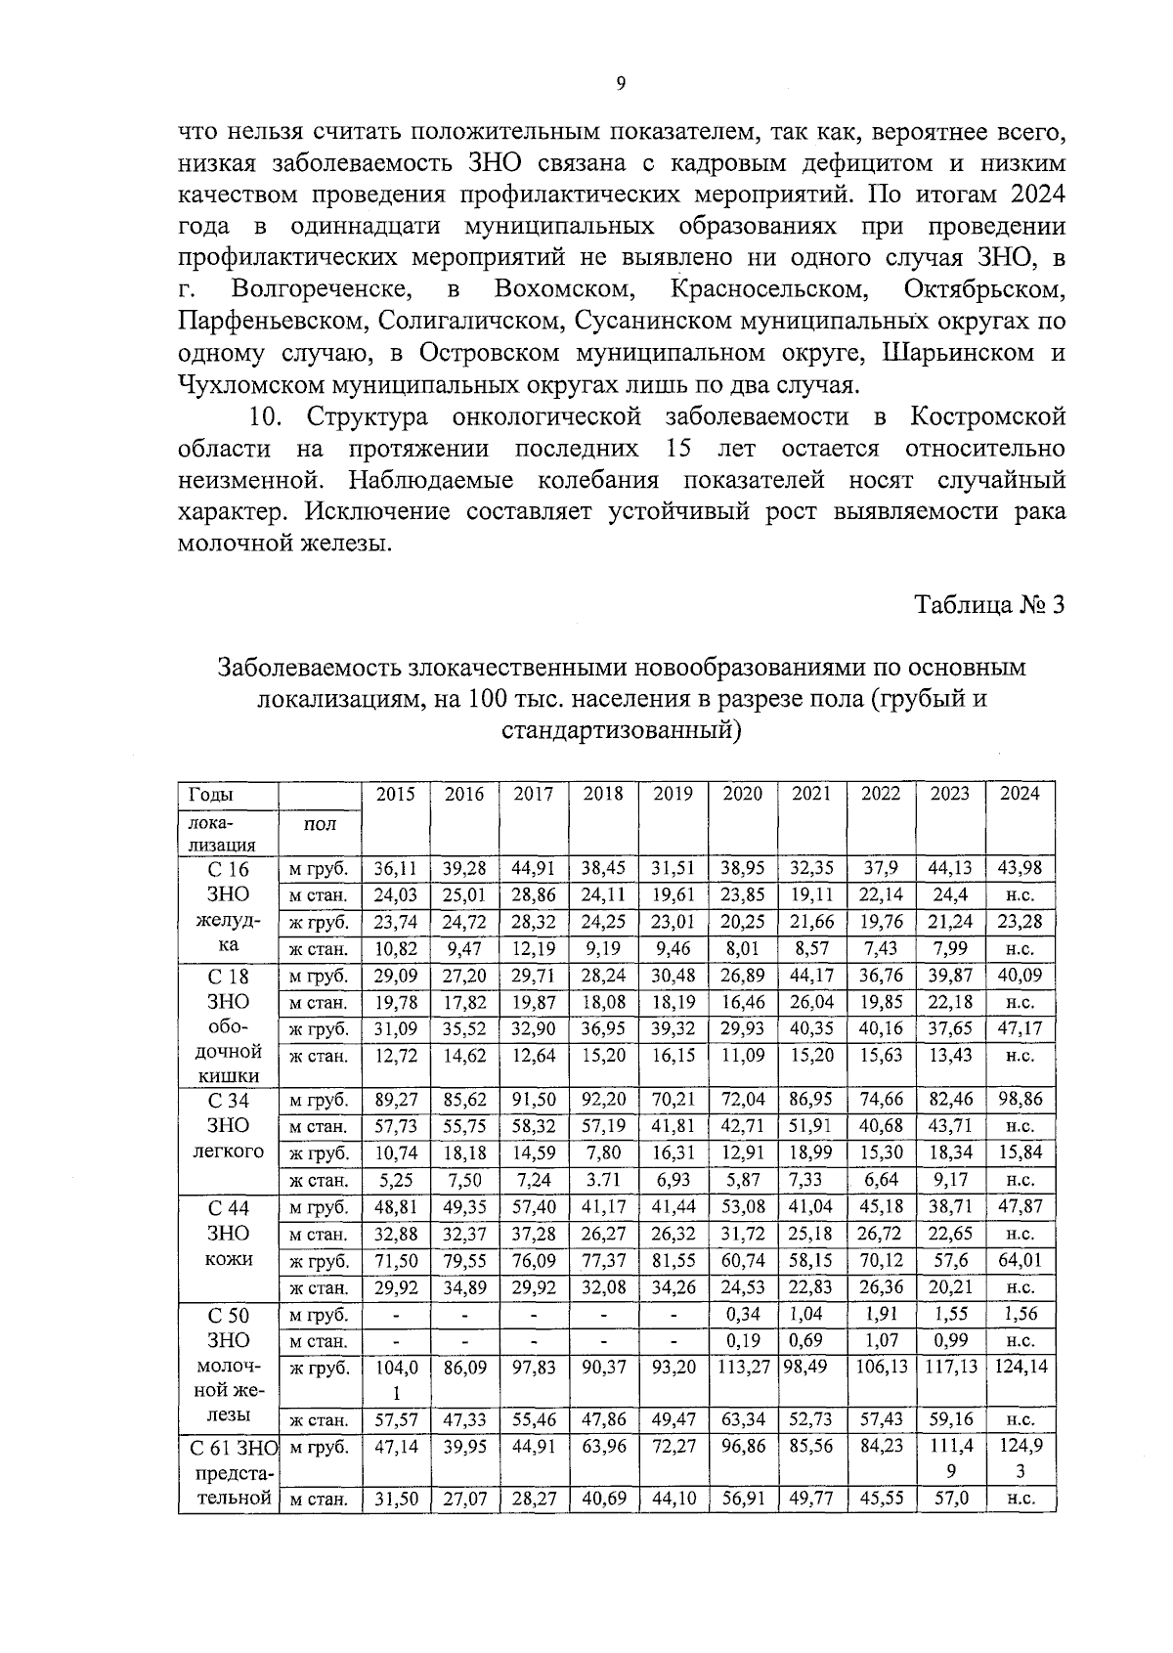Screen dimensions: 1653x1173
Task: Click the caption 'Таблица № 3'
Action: [989, 605]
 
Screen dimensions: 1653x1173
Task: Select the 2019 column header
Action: [673, 794]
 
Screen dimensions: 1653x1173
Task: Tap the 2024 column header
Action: [1021, 794]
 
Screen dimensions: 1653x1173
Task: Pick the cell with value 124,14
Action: [1021, 1367]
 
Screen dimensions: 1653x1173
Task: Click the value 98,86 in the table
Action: [1021, 1100]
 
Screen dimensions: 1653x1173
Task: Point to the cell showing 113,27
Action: [743, 1367]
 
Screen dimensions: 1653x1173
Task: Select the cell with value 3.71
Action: [602, 1180]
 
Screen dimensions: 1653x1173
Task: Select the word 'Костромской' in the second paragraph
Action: [988, 417]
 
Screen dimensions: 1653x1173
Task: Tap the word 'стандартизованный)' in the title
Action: [621, 730]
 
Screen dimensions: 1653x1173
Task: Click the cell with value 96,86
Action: [743, 1446]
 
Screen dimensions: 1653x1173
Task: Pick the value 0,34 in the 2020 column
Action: [743, 1314]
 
